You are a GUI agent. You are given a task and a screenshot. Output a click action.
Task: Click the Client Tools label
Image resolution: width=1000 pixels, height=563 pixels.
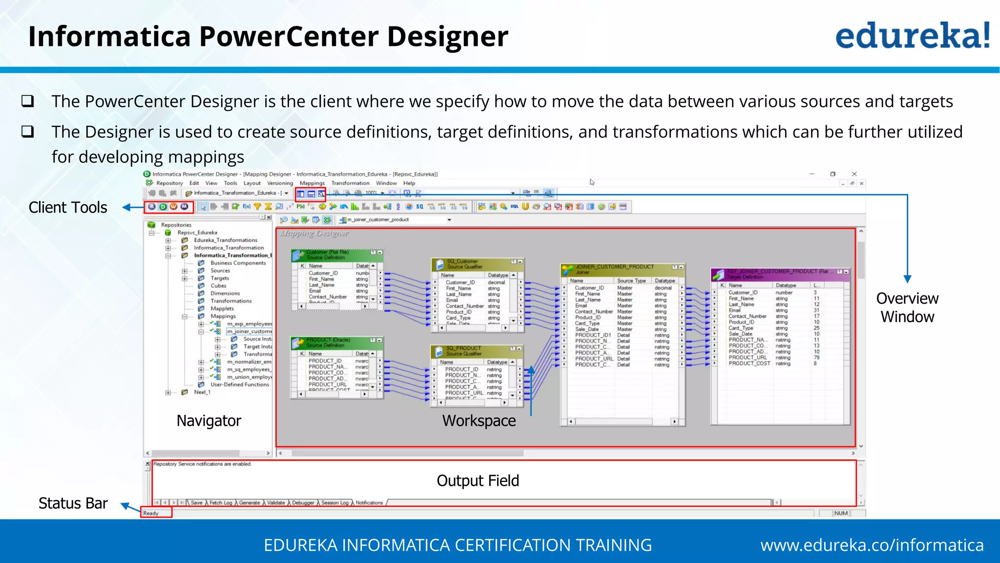point(68,207)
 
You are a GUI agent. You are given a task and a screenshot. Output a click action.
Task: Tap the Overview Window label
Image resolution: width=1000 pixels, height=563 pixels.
point(907,307)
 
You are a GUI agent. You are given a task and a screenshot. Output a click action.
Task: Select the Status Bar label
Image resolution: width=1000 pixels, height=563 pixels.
point(73,503)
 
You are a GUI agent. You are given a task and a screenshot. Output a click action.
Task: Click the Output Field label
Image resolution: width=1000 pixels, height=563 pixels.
point(477,480)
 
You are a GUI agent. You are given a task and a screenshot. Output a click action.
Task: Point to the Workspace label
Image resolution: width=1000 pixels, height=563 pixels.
point(479,420)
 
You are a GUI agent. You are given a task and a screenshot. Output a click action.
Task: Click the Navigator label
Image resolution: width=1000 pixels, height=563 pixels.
point(208,420)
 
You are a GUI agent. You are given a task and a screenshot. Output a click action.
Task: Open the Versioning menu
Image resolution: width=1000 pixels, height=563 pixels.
point(280,183)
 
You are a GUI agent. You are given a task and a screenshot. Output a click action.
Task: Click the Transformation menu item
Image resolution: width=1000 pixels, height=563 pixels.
point(350,183)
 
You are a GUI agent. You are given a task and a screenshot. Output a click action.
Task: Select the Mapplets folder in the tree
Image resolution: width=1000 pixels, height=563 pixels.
point(222,308)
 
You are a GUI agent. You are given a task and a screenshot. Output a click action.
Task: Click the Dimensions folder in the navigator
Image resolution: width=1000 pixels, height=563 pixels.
point(225,293)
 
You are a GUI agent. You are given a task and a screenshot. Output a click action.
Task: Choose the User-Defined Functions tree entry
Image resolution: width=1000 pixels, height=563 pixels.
point(240,385)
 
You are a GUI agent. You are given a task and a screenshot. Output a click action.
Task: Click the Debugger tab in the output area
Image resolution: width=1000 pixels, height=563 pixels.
point(303,502)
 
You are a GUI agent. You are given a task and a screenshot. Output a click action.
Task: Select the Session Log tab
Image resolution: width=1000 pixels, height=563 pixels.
point(334,502)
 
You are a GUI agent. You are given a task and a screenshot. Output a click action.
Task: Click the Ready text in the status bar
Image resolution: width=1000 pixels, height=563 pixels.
point(151,513)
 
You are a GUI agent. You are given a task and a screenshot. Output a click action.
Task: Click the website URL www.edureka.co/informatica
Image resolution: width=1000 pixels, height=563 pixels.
point(872,545)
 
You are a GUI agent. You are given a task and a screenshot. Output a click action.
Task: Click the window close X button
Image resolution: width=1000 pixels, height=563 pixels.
point(854,174)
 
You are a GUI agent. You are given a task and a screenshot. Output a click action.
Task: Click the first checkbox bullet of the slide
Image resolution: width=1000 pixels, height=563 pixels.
point(28,101)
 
